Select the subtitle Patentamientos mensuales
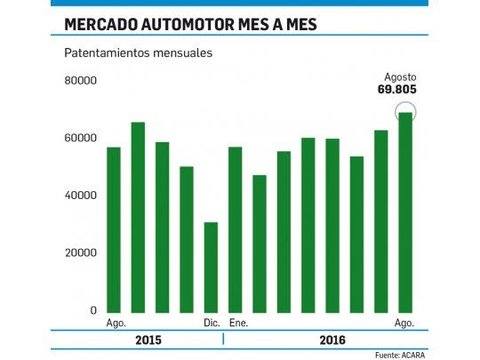[137, 52]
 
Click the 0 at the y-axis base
[92, 310]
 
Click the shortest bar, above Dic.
[211, 268]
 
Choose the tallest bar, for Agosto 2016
[405, 213]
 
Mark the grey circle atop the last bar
[405, 113]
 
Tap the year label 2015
[148, 340]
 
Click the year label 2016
[331, 340]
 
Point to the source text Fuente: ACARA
[400, 355]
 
